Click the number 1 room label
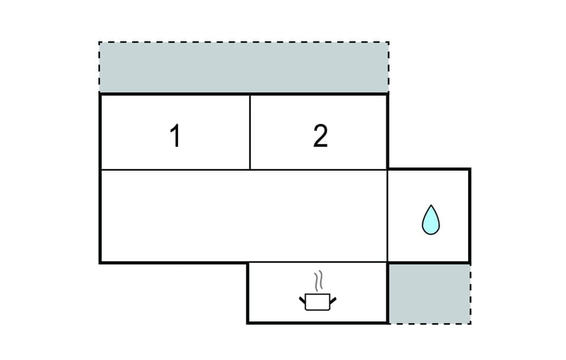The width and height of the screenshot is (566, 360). point(175,137)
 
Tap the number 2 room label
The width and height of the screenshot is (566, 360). point(320,137)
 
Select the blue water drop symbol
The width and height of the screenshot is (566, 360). point(430,220)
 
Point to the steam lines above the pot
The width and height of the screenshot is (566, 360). point(318,282)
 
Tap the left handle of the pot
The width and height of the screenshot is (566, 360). point(303,300)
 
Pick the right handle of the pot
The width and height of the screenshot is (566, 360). point(333,300)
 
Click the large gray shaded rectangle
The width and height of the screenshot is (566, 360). point(243,68)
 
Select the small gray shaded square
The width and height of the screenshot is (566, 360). point(429,293)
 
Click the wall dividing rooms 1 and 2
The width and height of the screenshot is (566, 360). point(250,132)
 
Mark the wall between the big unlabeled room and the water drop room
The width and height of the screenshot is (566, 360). point(387,216)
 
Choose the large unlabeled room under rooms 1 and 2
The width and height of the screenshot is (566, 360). point(243,216)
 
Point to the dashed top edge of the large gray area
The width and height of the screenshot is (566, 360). point(243,42)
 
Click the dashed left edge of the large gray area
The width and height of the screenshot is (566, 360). point(99,68)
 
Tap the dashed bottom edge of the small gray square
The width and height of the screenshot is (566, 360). point(429,323)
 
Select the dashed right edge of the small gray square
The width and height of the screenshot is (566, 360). point(470,293)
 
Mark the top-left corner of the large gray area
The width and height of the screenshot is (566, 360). point(99,42)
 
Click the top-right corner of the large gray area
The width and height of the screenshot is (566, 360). point(388,42)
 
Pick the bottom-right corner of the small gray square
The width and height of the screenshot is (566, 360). point(470,323)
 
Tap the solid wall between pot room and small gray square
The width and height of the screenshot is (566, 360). point(388,293)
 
